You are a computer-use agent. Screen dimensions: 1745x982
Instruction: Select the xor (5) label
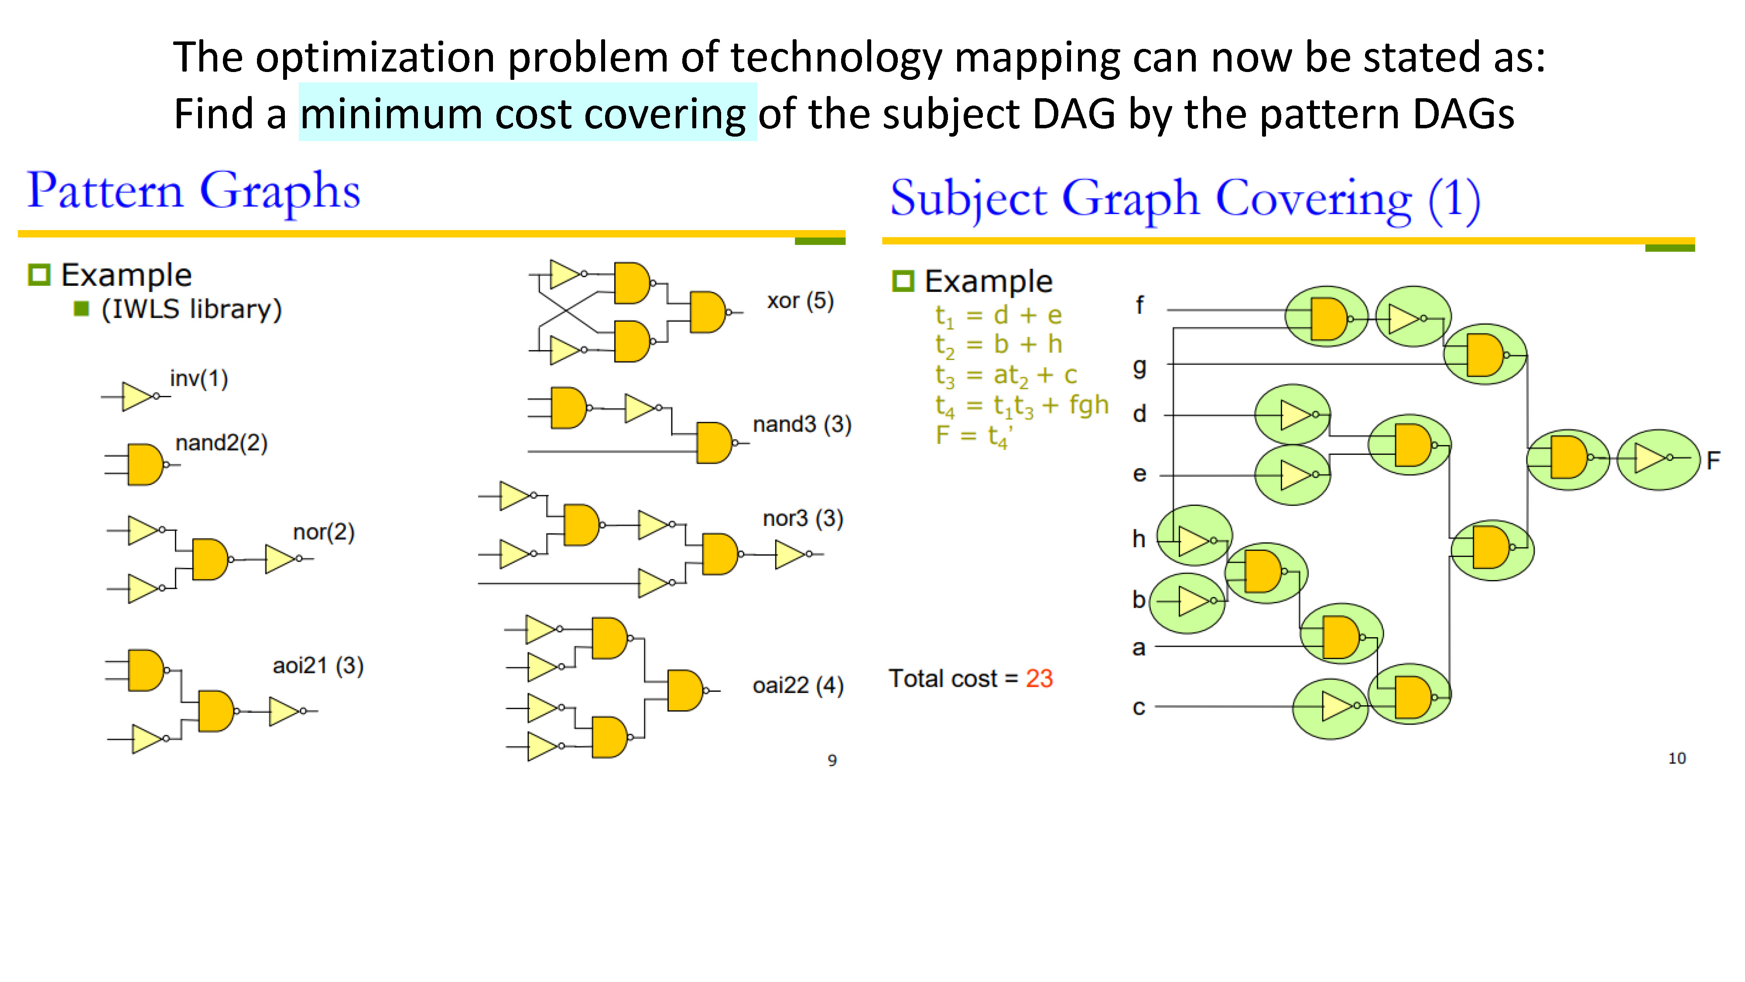[800, 301]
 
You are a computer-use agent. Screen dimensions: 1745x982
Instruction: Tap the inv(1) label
[198, 378]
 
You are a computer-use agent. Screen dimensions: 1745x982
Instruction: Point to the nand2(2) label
[222, 443]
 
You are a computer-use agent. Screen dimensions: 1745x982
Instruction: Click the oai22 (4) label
[798, 685]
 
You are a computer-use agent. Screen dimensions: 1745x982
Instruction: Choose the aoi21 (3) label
[318, 666]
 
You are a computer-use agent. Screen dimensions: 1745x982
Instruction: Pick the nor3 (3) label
[803, 518]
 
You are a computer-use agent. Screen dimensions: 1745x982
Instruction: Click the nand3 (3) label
[802, 424]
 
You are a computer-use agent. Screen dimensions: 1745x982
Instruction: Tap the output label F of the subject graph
[1713, 461]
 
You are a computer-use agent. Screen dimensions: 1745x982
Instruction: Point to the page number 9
[832, 760]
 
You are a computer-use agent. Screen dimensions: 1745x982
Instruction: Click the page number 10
[1677, 759]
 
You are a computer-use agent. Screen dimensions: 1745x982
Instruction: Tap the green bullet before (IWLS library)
[81, 309]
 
